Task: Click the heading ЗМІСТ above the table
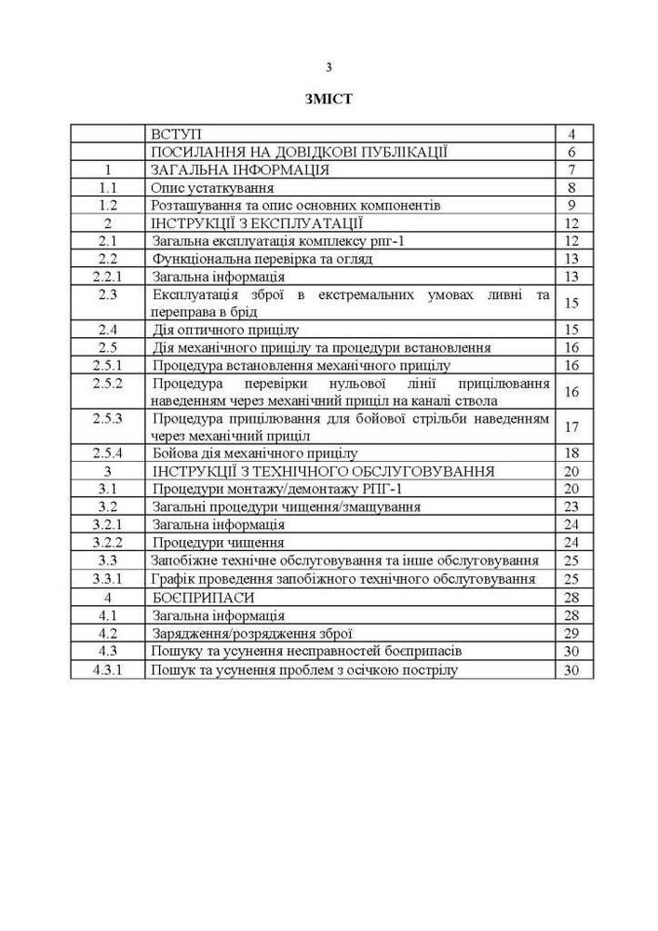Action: pyautogui.click(x=329, y=100)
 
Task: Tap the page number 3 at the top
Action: pyautogui.click(x=329, y=67)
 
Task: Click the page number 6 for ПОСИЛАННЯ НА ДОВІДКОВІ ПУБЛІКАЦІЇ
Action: pyautogui.click(x=572, y=152)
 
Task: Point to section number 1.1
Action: pyautogui.click(x=108, y=187)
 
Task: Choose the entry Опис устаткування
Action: pyautogui.click(x=207, y=187)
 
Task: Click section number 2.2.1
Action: pyautogui.click(x=108, y=277)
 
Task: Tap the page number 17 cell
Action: pyautogui.click(x=572, y=426)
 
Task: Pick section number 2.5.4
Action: pyautogui.click(x=108, y=453)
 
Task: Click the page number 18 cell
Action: pyautogui.click(x=572, y=453)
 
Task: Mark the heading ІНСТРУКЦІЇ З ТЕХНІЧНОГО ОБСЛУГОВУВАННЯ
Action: pyautogui.click(x=322, y=471)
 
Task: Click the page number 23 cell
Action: pyautogui.click(x=572, y=506)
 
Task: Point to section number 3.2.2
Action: pyautogui.click(x=108, y=542)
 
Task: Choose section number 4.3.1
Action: pyautogui.click(x=108, y=669)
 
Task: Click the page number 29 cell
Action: pyautogui.click(x=572, y=633)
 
